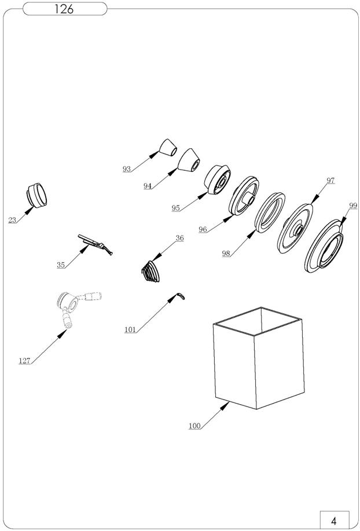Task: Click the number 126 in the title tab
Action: pos(64,9)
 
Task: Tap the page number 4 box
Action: pos(335,519)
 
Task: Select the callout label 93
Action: pos(127,169)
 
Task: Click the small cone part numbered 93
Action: pos(168,147)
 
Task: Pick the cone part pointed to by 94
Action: pos(189,160)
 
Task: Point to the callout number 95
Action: pos(175,208)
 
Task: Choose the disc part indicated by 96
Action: pos(244,196)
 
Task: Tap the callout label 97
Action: pos(330,181)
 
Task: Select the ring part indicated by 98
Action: pos(270,213)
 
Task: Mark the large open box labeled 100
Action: pos(259,358)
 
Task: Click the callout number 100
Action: pos(194,426)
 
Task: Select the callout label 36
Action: pos(179,238)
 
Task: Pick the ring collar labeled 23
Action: pos(36,195)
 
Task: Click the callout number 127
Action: pos(25,361)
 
